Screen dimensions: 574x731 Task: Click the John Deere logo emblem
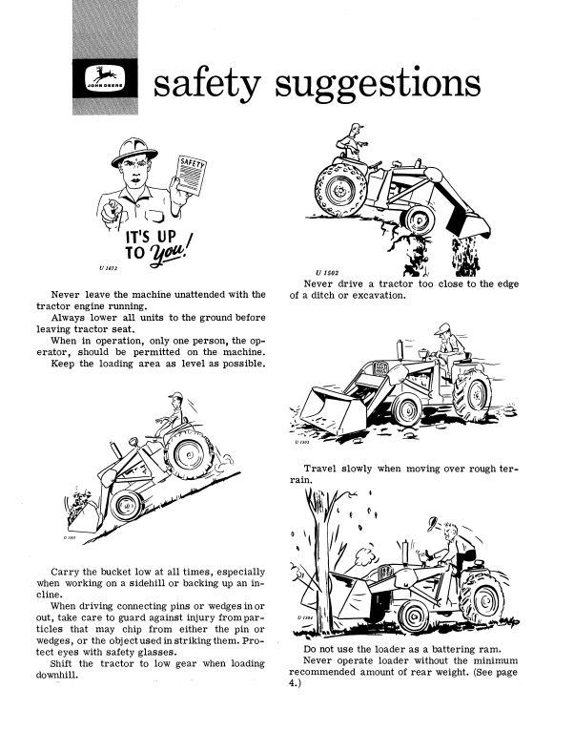[x=105, y=78]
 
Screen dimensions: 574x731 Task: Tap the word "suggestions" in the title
[x=378, y=85]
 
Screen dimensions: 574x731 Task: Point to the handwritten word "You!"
[x=171, y=252]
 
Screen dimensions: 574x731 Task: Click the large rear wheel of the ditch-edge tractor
[x=341, y=189]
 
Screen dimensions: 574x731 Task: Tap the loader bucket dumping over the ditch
[x=467, y=219]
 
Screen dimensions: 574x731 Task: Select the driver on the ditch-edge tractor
[x=351, y=143]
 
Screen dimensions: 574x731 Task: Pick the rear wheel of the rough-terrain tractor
[x=471, y=391]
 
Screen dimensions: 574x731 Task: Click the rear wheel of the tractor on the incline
[x=189, y=454]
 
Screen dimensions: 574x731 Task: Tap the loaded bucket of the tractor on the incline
[x=84, y=512]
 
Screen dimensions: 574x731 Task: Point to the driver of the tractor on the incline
[x=171, y=413]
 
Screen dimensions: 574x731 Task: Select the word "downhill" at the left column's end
[x=56, y=675]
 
